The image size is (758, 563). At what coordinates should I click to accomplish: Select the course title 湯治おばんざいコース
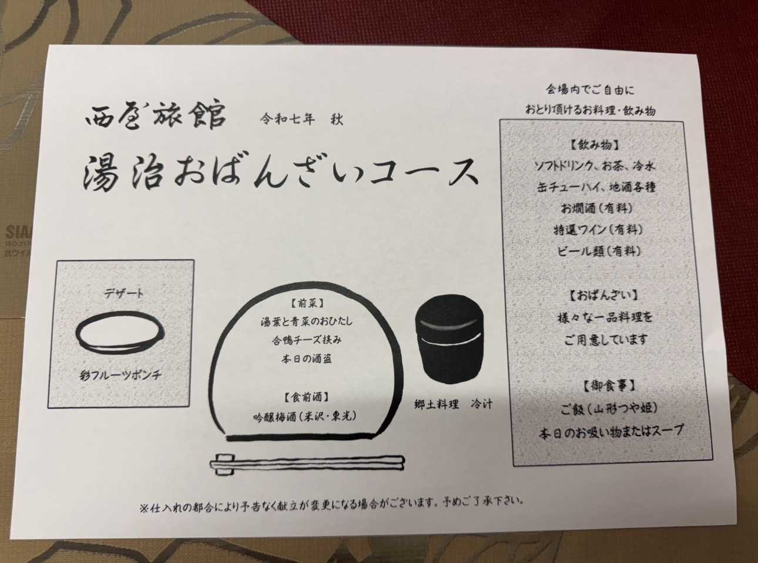click(280, 173)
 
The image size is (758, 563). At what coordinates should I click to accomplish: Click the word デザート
click(124, 294)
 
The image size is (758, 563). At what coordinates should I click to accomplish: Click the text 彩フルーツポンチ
click(120, 376)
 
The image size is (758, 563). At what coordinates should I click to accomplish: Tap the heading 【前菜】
click(306, 303)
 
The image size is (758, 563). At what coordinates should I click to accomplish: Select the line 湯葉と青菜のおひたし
click(306, 321)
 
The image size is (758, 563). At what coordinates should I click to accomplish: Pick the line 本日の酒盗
click(307, 359)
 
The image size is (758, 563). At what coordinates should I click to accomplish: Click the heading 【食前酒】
click(306, 397)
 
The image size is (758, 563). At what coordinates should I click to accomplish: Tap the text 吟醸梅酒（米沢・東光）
click(305, 416)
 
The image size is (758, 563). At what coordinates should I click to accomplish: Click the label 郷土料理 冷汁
click(453, 405)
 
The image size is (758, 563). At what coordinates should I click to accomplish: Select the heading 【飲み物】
click(594, 145)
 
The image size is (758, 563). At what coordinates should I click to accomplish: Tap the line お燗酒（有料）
click(596, 208)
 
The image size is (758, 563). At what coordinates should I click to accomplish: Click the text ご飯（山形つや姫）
click(609, 408)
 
